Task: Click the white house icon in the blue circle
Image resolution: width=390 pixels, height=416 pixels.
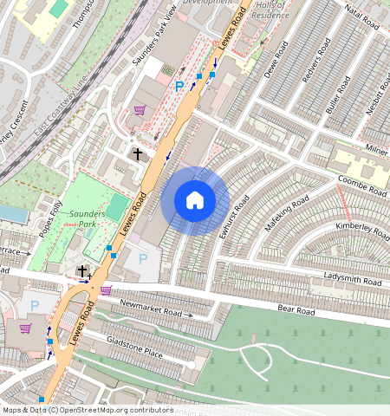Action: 195,200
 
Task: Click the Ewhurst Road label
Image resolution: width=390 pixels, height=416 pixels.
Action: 234,217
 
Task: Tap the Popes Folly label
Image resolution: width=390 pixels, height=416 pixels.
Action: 50,218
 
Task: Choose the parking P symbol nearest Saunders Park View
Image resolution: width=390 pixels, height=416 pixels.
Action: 179,87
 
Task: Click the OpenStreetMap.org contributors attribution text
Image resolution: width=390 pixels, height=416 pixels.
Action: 118,410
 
